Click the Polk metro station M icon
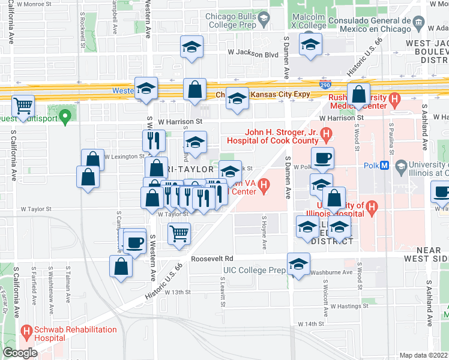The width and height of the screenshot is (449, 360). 385,166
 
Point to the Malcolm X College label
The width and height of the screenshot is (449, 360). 312,21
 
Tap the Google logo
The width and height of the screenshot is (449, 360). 20,353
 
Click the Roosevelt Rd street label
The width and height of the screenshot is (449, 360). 212,259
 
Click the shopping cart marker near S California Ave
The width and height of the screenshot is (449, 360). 23,106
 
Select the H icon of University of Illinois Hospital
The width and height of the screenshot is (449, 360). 372,208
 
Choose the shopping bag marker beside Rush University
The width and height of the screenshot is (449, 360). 358,94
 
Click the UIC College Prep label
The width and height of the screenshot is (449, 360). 255,271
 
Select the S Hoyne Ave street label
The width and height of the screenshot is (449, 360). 263,232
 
